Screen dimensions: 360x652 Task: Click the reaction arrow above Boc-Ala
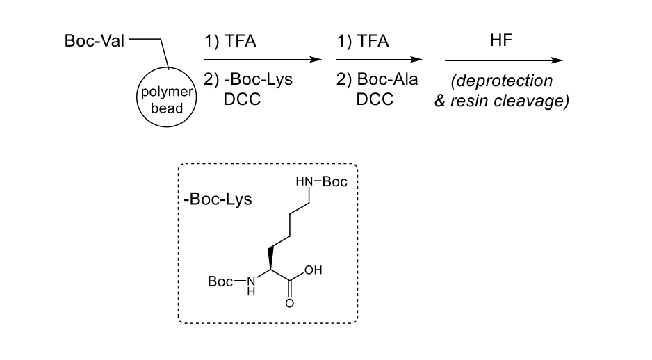tap(379, 60)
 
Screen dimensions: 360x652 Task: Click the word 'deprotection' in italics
tap(503, 81)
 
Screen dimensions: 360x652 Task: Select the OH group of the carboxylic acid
tap(315, 270)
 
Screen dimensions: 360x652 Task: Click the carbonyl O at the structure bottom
tap(290, 303)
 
